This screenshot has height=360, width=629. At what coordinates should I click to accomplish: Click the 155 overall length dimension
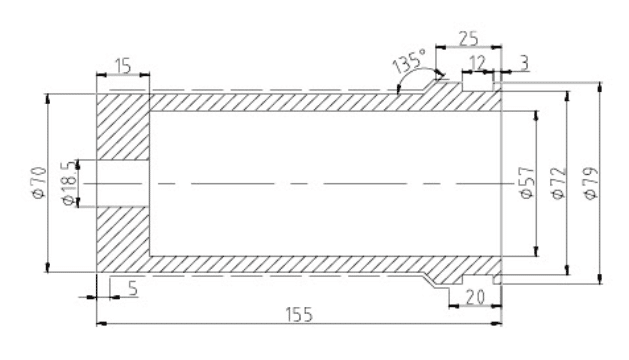(x=299, y=315)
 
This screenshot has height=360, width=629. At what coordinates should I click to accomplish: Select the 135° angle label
(x=409, y=61)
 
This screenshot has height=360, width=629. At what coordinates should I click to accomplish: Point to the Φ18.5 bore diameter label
(x=69, y=183)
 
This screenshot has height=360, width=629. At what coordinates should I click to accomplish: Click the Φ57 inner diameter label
(x=527, y=183)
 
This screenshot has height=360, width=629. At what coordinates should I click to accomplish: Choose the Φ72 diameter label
(x=559, y=183)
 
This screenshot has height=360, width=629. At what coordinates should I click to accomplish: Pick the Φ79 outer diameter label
(x=592, y=183)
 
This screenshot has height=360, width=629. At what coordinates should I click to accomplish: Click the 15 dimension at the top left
(x=123, y=66)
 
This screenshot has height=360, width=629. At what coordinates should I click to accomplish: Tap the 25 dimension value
(x=469, y=39)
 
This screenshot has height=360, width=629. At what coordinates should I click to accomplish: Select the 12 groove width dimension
(x=477, y=63)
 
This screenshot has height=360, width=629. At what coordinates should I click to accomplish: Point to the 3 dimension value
(x=524, y=63)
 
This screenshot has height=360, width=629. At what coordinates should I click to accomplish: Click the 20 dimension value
(x=475, y=297)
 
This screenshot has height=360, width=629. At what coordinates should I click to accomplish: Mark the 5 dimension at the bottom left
(x=133, y=289)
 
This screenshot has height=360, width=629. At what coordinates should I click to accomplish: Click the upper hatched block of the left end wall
(x=123, y=127)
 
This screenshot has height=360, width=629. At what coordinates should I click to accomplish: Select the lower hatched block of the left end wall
(x=123, y=240)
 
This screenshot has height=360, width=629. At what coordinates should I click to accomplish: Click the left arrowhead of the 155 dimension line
(x=102, y=323)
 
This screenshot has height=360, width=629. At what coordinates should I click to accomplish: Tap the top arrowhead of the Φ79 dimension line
(x=600, y=87)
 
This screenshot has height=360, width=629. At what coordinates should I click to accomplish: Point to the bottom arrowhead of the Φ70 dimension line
(x=47, y=267)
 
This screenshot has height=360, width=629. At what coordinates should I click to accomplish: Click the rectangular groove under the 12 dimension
(x=477, y=86)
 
